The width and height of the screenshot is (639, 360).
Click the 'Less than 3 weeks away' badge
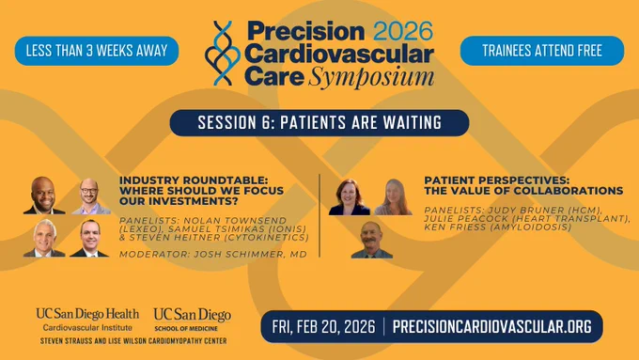coord(97,51)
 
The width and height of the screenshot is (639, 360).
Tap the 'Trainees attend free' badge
coord(542,51)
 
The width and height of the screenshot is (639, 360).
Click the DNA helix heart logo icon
coord(223,54)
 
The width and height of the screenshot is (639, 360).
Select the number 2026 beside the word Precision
coord(403,31)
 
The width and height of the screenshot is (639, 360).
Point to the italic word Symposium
coord(371,77)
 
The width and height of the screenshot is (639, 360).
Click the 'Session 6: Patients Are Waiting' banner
coord(319,123)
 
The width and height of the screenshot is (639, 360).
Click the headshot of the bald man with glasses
coord(90,196)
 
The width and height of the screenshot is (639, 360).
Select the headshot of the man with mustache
coord(371,240)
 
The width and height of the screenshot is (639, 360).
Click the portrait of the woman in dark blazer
coord(350,197)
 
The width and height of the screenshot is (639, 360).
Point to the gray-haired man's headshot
coord(44,238)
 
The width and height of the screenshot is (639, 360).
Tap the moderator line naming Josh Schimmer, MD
coord(213,255)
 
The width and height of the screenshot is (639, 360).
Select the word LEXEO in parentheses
coord(135,229)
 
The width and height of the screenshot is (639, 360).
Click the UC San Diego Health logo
coord(87,320)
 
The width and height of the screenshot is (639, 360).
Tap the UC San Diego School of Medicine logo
coord(193,320)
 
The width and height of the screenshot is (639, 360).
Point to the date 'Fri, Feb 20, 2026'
coord(323,326)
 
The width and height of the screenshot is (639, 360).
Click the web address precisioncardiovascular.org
coord(491,326)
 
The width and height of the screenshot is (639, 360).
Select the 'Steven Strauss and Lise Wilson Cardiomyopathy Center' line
coord(133,341)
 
